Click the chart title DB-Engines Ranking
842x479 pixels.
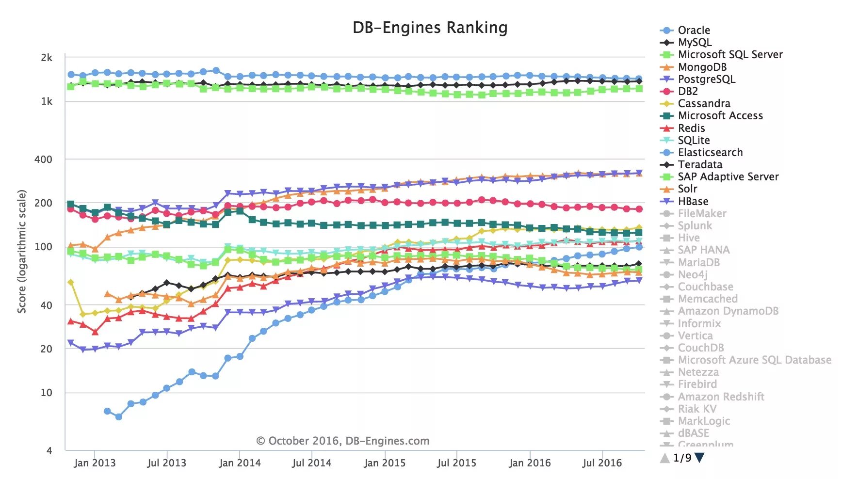430,28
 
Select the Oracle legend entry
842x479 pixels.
694,30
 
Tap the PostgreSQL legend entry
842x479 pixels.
706,79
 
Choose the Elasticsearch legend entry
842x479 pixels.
710,152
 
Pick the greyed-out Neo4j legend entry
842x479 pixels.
693,274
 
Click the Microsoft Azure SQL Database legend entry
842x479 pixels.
754,360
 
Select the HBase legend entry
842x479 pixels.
693,201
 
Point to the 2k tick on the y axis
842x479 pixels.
47,58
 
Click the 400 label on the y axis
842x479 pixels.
43,159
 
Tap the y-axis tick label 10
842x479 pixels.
46,392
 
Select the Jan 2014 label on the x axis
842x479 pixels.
240,463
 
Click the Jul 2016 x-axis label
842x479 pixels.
602,463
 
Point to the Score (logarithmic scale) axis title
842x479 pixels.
22,251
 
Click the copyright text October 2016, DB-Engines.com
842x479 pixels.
342,441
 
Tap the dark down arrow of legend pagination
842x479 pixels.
699,457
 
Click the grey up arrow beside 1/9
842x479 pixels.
665,457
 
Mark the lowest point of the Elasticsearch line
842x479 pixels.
119,416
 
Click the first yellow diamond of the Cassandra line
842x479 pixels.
71,282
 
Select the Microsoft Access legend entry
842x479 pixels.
720,115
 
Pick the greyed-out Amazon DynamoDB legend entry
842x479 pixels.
728,311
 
